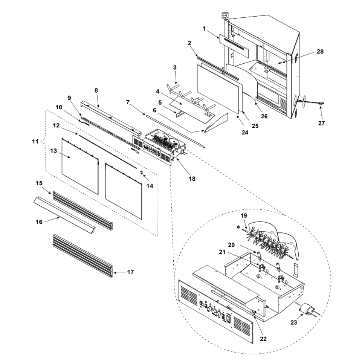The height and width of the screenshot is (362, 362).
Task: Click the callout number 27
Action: (321, 123)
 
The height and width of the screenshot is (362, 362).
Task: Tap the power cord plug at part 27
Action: (321, 103)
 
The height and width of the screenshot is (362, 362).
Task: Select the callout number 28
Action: (320, 51)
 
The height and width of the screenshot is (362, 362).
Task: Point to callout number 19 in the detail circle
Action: (244, 215)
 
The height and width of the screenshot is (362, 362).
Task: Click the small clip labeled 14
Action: (142, 172)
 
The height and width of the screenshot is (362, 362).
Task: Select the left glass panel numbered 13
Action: (80, 166)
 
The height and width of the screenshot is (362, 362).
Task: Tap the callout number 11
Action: (35, 141)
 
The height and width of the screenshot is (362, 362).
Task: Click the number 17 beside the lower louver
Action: (130, 272)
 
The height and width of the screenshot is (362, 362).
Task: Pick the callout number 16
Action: (39, 222)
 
